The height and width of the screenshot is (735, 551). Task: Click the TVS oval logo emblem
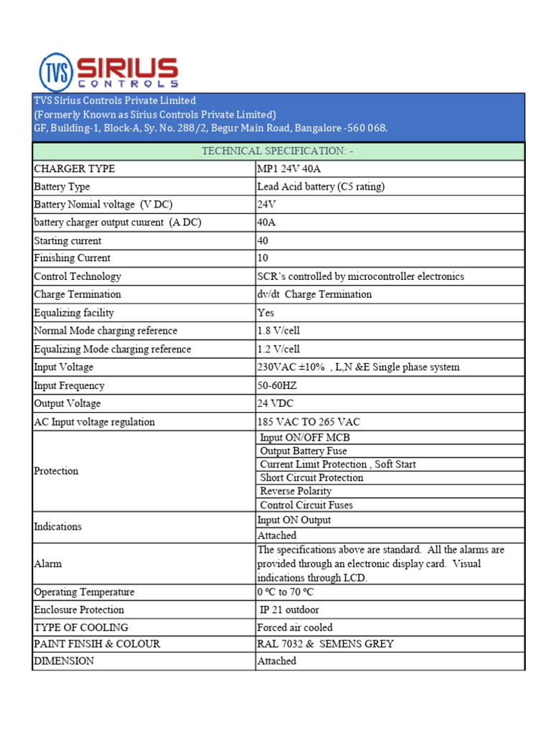(x=56, y=72)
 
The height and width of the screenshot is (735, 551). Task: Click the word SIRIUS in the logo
(x=127, y=68)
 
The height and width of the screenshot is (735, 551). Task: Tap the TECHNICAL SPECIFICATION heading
(x=278, y=151)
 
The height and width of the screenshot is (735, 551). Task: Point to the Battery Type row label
(x=62, y=187)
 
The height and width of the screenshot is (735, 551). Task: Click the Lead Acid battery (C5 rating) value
(x=321, y=187)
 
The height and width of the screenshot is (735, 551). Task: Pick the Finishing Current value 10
(x=263, y=258)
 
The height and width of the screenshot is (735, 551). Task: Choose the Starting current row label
(x=67, y=241)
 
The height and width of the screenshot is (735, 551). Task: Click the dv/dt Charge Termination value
(x=314, y=294)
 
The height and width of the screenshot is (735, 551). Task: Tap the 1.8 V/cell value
(x=278, y=331)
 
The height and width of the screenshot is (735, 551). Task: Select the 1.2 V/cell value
(x=278, y=350)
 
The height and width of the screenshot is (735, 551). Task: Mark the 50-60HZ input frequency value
(x=277, y=385)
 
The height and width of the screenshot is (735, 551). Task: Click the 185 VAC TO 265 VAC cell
(x=309, y=422)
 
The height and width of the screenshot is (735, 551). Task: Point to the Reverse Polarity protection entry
(x=296, y=491)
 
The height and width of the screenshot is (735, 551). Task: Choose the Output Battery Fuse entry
(x=303, y=451)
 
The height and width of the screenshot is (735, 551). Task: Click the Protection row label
(x=56, y=471)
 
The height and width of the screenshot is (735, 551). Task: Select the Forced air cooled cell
(x=295, y=627)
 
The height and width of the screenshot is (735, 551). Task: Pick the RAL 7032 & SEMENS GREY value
(x=325, y=644)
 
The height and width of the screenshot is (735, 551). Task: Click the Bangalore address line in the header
(x=211, y=128)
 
